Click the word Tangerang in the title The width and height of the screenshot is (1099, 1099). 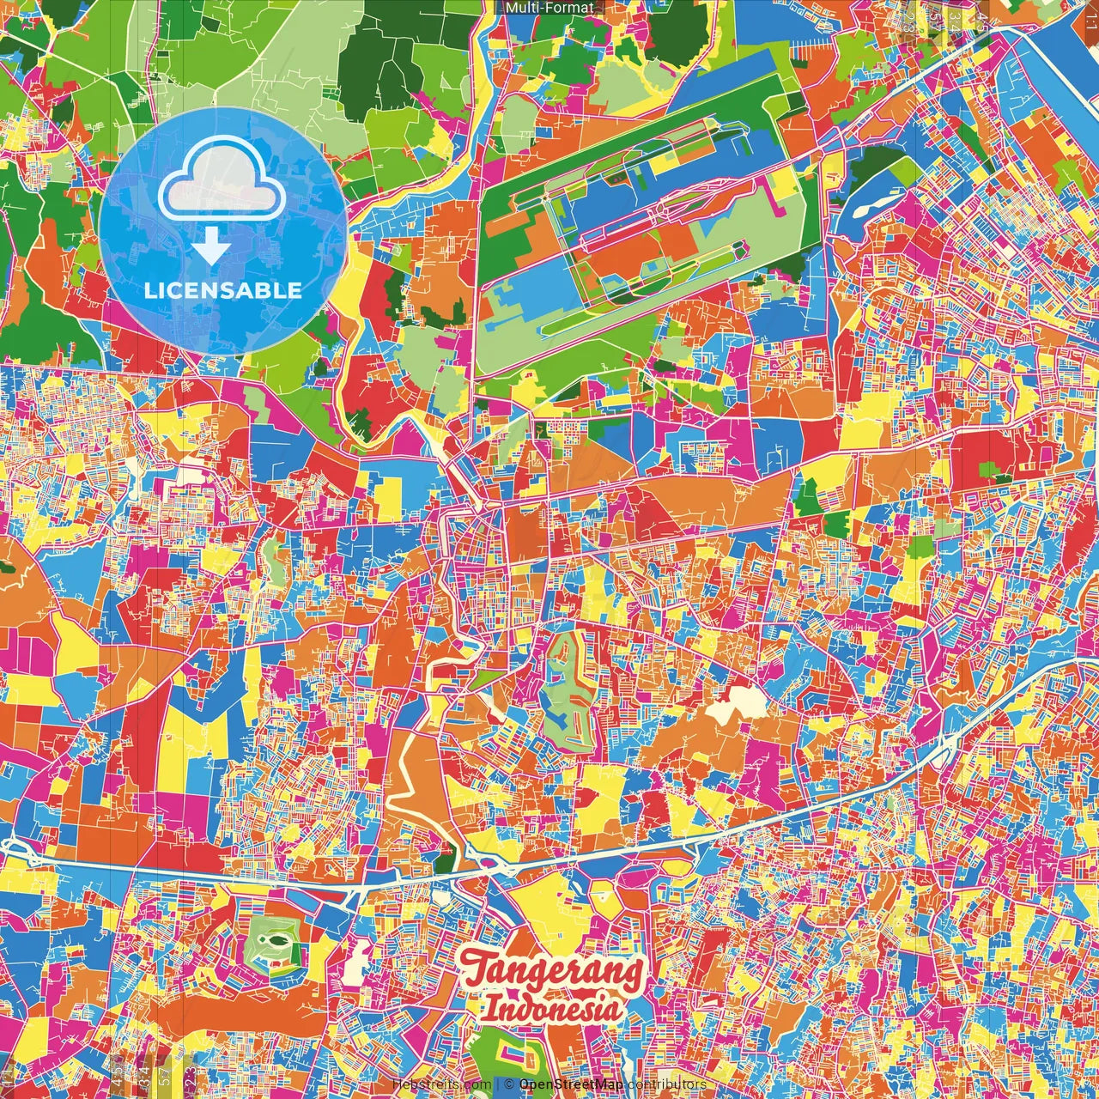click(553, 971)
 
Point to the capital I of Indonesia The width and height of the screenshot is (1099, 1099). click(489, 1008)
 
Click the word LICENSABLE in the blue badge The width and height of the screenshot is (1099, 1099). click(223, 290)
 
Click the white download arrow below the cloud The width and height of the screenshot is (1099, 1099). click(211, 248)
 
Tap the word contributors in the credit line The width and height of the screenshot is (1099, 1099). click(666, 1084)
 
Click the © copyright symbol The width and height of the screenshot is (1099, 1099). click(508, 1084)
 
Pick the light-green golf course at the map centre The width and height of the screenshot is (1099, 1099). click(562, 678)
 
